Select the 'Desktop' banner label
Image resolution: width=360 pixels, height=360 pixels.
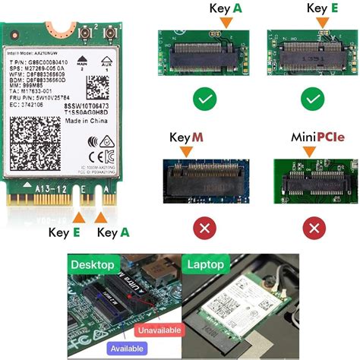(93, 266)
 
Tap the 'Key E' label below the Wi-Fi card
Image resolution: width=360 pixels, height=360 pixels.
(65, 232)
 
